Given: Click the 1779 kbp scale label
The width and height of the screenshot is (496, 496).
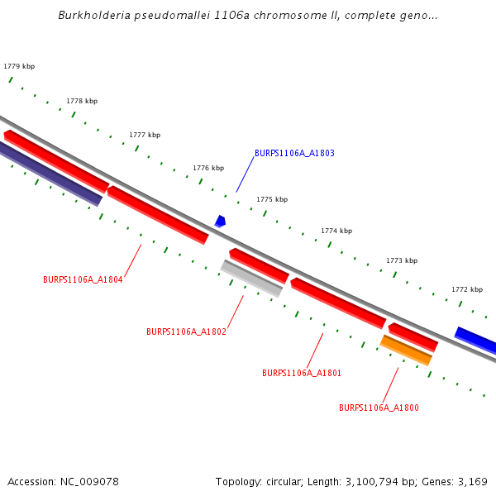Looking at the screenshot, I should tap(19, 66).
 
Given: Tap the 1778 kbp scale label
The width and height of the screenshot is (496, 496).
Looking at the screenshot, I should tap(82, 101).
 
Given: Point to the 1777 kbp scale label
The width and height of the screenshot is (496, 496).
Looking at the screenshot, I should tap(145, 135).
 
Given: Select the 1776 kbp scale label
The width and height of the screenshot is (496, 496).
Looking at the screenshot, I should tap(208, 168).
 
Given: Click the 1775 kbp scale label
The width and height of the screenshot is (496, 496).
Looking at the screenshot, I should tap(272, 199).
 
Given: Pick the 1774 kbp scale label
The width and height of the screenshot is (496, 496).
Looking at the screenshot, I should tap(336, 231).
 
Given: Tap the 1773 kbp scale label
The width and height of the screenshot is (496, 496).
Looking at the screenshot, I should tap(402, 260).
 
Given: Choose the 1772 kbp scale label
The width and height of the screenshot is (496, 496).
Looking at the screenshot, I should tap(467, 289).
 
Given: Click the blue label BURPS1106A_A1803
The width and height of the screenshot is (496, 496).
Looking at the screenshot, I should tap(294, 153).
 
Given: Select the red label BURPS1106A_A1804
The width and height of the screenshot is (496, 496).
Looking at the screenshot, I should tap(83, 279).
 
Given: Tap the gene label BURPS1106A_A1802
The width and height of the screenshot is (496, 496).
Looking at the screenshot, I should tap(186, 331).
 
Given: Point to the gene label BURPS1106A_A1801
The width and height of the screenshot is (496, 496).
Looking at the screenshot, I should tap(302, 373).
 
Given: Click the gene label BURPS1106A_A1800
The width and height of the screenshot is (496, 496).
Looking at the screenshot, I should tap(379, 408).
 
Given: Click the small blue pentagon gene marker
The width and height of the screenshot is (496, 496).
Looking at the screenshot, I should tap(220, 221).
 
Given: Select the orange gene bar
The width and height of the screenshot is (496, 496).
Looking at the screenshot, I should tap(406, 350).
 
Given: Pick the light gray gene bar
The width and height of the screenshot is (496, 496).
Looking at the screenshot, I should tap(252, 279).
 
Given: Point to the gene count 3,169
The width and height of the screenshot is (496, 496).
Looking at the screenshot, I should tap(472, 481).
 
